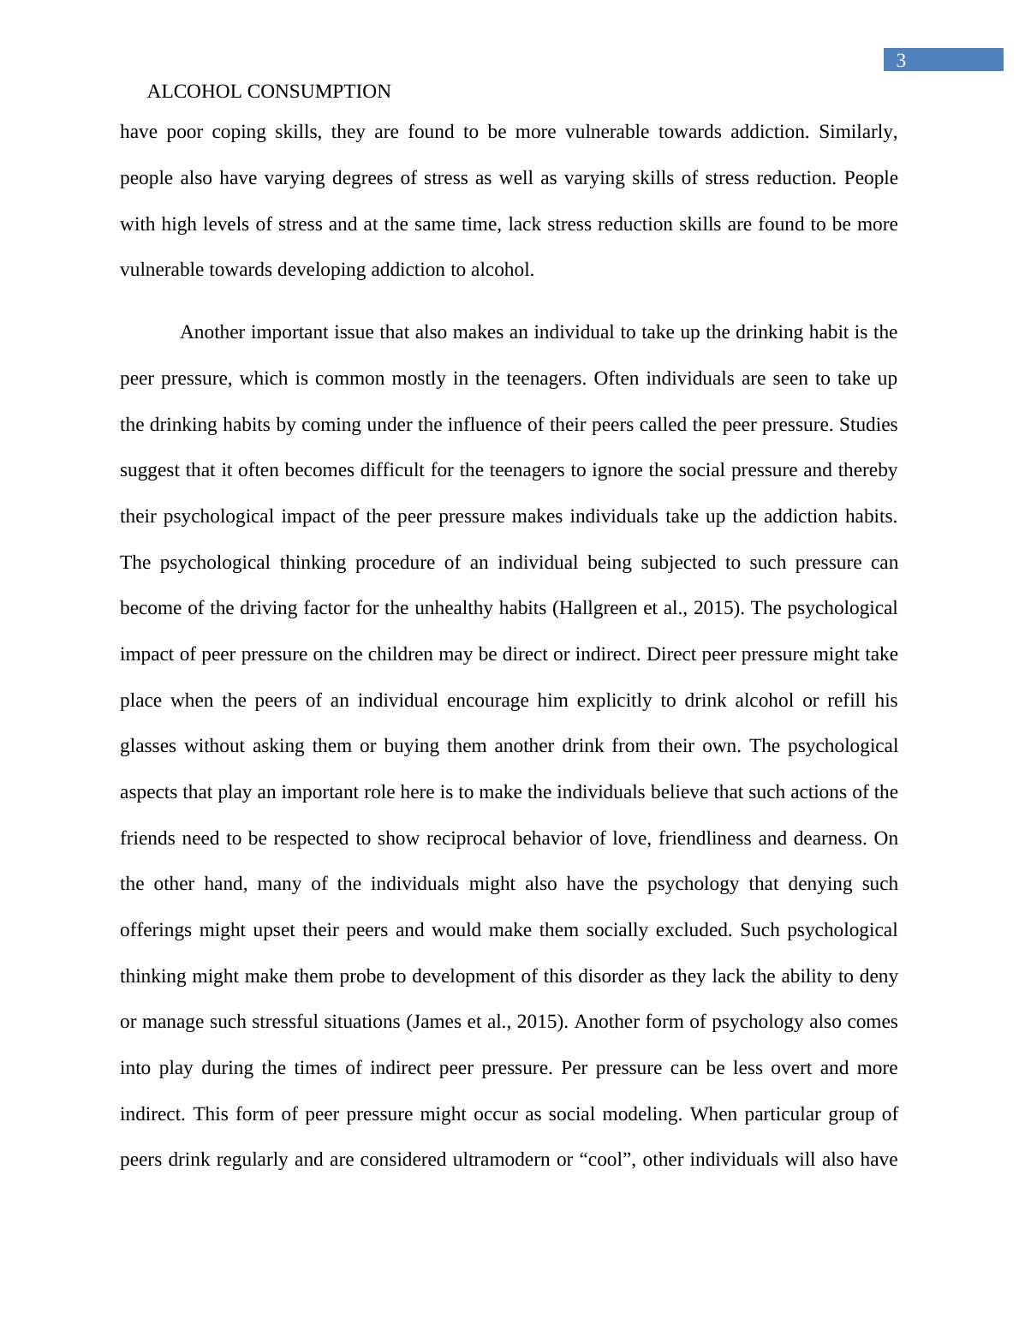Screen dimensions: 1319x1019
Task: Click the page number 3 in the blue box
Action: click(900, 60)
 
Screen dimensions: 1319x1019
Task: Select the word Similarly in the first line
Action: click(857, 132)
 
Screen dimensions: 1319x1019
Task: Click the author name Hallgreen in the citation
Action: click(598, 608)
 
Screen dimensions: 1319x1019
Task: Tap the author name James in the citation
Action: click(436, 1022)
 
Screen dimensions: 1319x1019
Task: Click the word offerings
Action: click(156, 930)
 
